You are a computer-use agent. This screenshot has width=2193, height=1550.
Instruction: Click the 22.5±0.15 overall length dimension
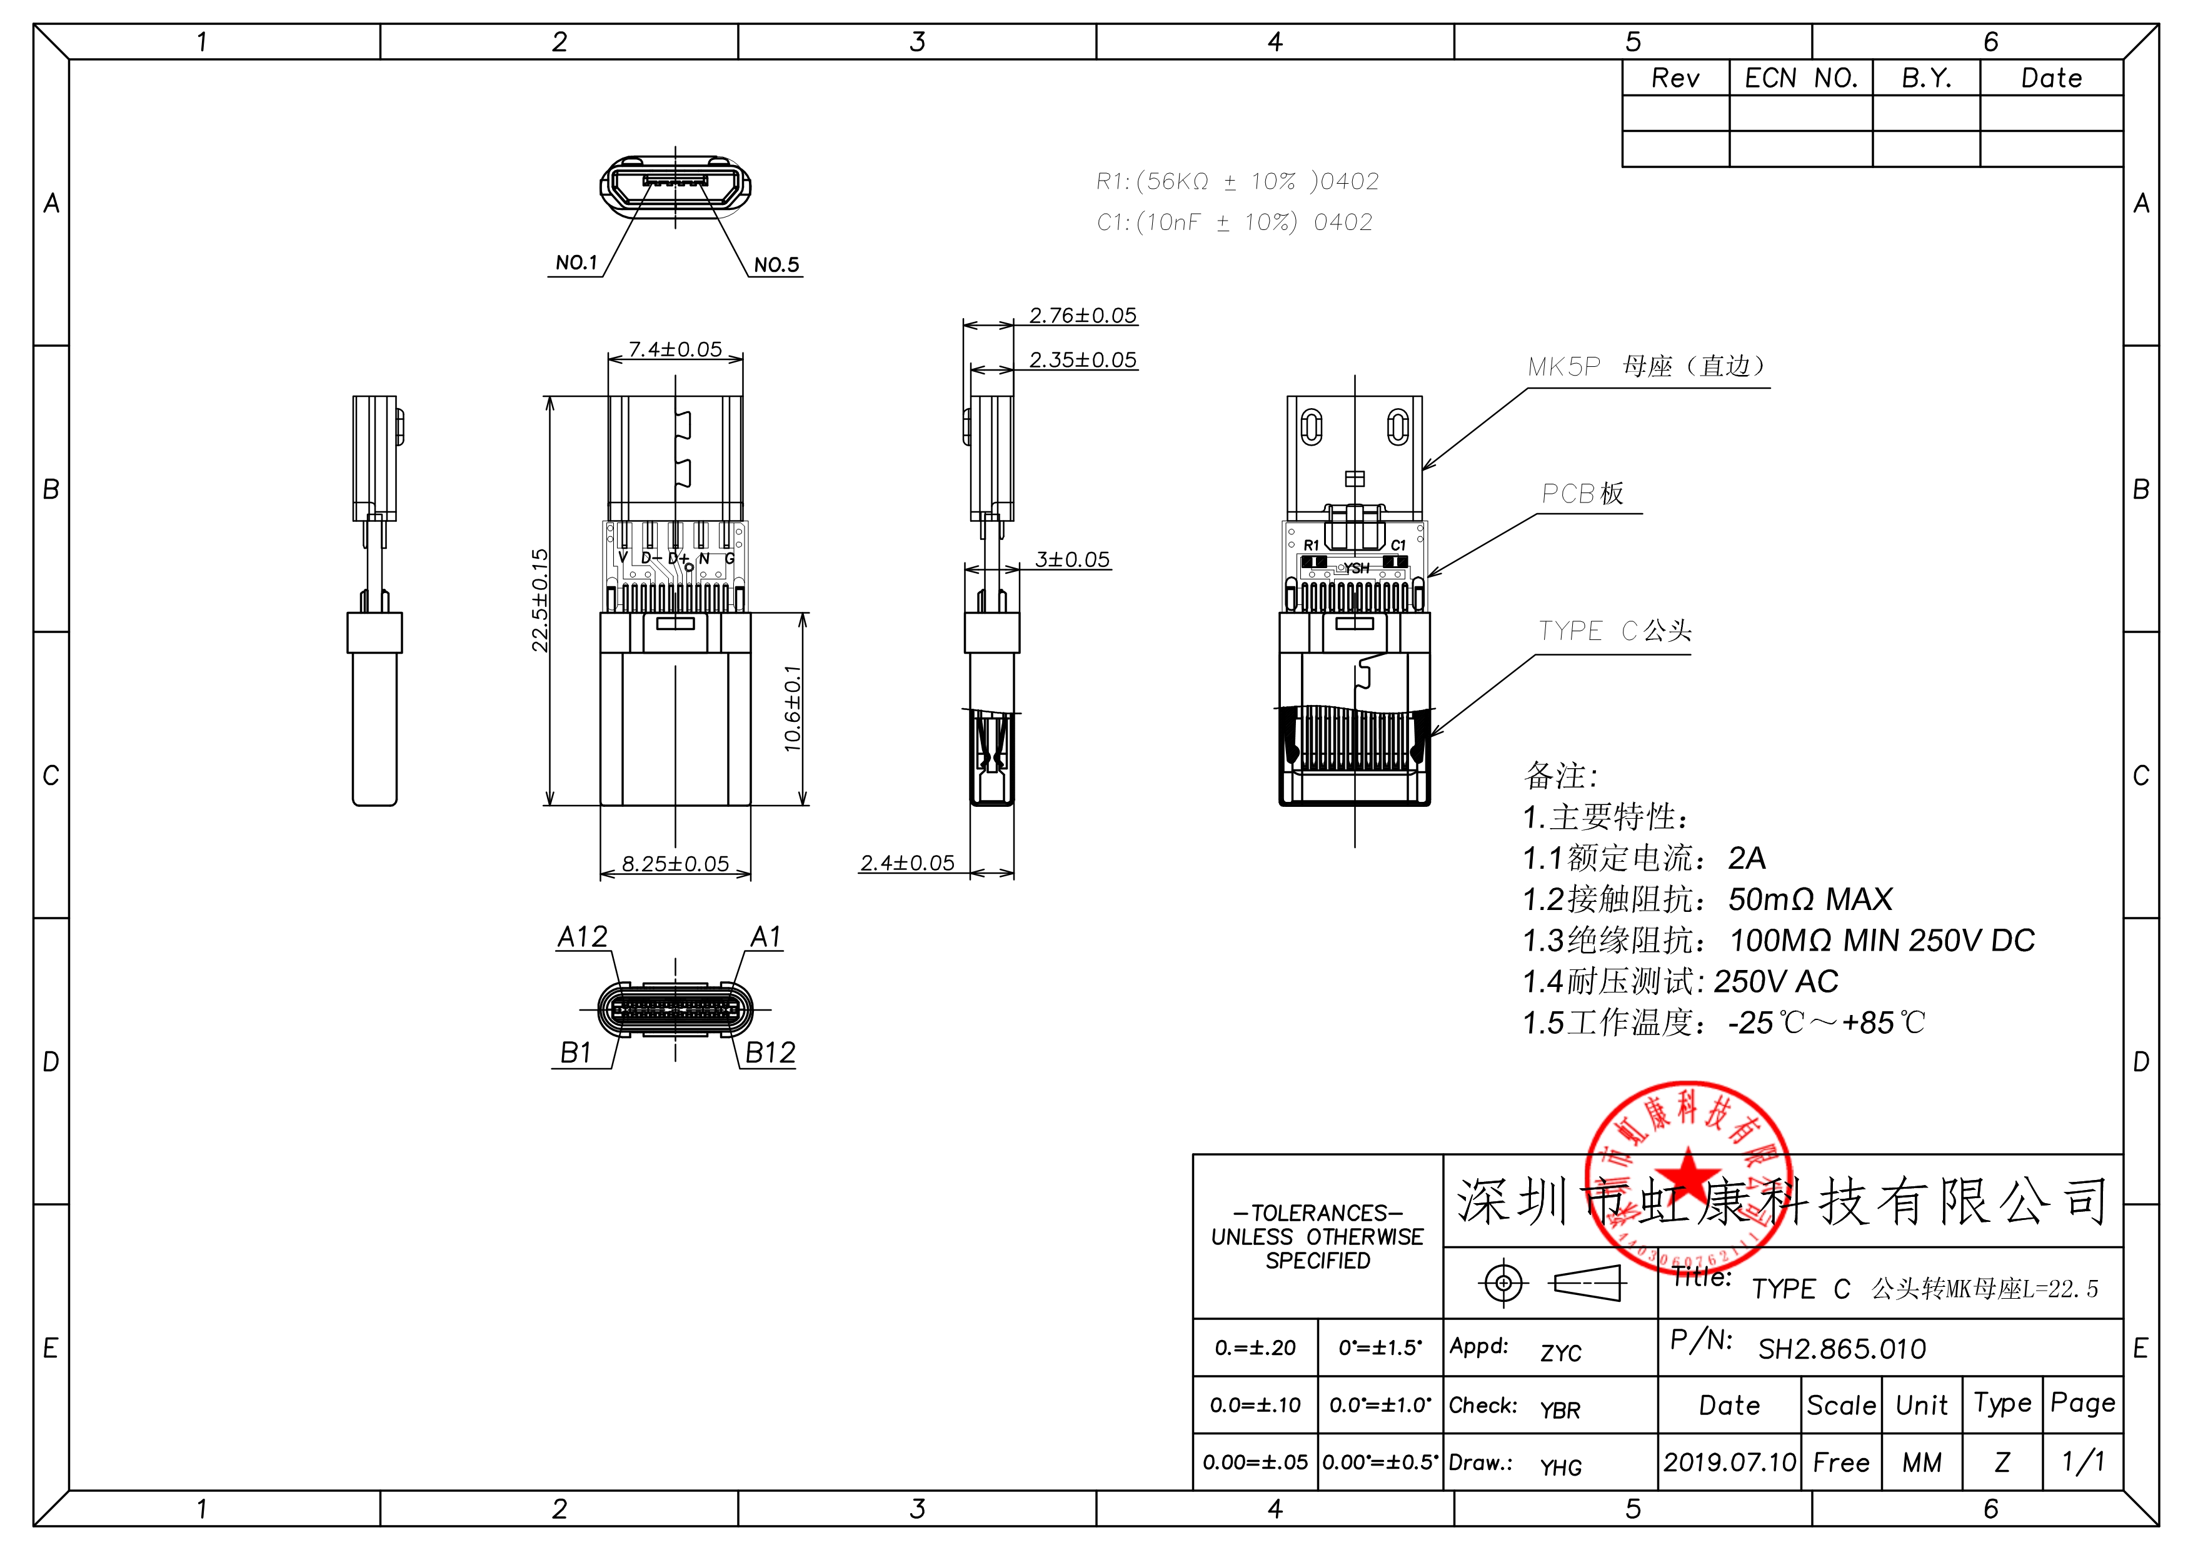coord(539,600)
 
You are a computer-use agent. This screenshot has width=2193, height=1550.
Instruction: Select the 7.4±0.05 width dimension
coord(675,349)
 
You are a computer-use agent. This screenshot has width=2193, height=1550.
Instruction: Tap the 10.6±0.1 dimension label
coord(793,709)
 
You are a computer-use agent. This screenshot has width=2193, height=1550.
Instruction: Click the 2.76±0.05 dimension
coord(1082,315)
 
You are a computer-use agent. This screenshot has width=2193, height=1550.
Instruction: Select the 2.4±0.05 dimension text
coord(906,862)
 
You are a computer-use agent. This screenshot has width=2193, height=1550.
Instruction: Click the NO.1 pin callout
coord(576,262)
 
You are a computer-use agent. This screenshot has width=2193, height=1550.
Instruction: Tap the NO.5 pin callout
coord(776,264)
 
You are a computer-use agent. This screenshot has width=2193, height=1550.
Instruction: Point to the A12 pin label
coord(581,937)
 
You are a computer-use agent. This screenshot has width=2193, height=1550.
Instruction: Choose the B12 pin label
coord(769,1052)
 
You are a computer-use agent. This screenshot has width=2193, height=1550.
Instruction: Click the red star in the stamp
coord(1688,1174)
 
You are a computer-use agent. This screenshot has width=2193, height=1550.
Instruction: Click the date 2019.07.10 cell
coord(1729,1462)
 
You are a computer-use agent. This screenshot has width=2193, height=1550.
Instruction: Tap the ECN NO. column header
coord(1800,78)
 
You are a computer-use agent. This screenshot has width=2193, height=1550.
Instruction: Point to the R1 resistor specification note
coord(1237,181)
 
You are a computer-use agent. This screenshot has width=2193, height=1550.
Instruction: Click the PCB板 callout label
coord(1582,494)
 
